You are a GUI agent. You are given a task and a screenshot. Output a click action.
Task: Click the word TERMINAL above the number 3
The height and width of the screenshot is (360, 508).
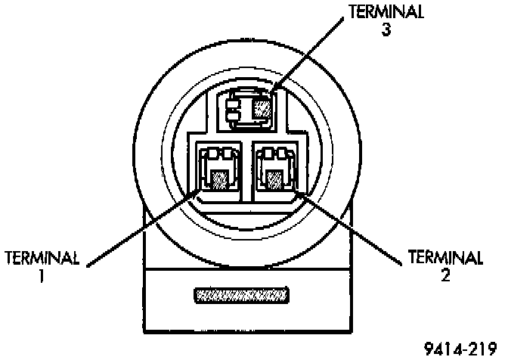(386, 13)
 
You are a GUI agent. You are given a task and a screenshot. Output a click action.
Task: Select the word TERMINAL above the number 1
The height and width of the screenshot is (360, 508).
(42, 258)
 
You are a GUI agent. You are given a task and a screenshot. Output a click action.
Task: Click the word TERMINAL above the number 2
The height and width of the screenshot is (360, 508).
(445, 258)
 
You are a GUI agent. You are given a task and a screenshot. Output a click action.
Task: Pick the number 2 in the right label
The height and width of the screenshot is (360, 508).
(446, 277)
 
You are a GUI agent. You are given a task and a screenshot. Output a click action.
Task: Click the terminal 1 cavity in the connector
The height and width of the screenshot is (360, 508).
(218, 171)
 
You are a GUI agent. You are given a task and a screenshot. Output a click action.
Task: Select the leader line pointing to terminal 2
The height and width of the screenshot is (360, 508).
(348, 227)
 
